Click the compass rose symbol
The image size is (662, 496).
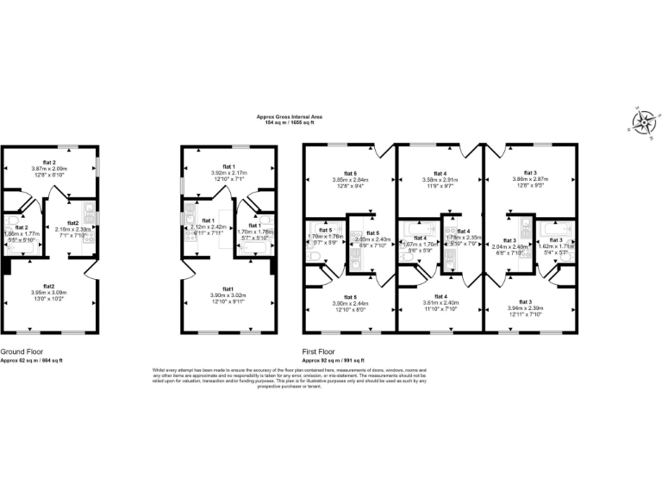[642, 122]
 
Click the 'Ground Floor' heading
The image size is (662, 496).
[23, 352]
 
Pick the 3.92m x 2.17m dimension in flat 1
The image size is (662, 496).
[228, 173]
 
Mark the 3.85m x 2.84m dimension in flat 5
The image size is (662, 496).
[350, 180]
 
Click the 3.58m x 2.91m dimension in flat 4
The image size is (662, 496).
[440, 180]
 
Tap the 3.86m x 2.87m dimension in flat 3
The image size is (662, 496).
[530, 180]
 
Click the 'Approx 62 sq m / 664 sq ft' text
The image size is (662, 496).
[31, 360]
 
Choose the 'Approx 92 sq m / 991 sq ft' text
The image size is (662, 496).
[333, 360]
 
